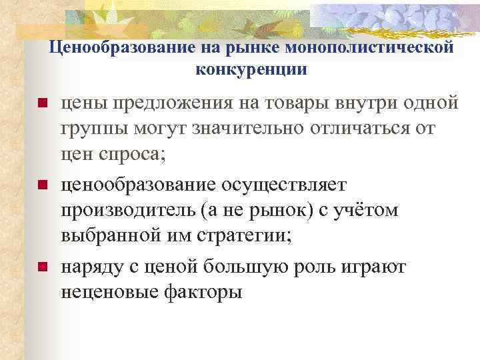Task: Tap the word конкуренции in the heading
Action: point(252,69)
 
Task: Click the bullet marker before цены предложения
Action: point(41,103)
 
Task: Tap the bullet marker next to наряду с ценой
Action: point(41,267)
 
